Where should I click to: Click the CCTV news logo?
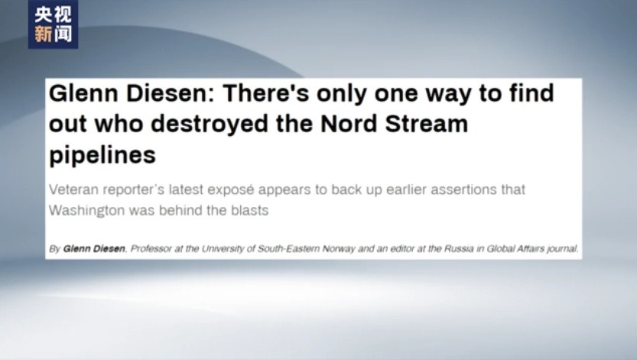click(54, 24)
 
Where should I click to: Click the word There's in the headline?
click(265, 93)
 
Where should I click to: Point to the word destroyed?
click(210, 124)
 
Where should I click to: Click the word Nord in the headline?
click(349, 124)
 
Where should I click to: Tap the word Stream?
click(427, 124)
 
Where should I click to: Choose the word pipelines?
click(102, 155)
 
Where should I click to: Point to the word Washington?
click(87, 211)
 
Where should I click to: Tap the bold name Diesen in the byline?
click(109, 248)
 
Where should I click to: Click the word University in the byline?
click(223, 248)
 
